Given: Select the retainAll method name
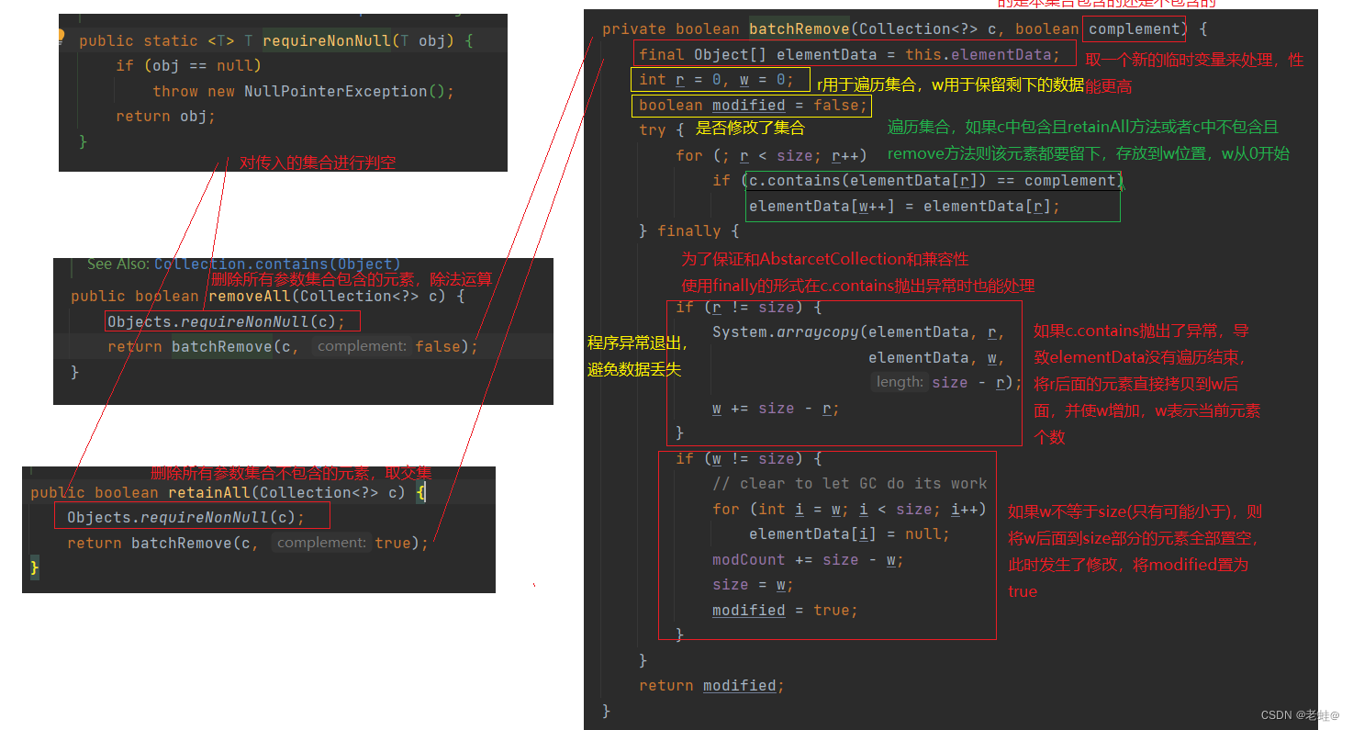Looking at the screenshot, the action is (208, 492).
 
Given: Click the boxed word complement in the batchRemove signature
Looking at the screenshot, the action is (1135, 29).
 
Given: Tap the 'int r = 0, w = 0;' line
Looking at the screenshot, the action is (716, 80).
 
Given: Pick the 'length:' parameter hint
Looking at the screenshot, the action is (900, 382).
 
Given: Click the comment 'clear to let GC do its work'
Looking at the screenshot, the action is (849, 483).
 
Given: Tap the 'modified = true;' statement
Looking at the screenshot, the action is (785, 611).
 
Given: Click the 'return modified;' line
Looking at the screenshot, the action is (711, 686).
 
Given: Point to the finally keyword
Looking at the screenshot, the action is (688, 231).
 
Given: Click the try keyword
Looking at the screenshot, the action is (652, 130).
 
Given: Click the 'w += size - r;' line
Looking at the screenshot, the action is (776, 409).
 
